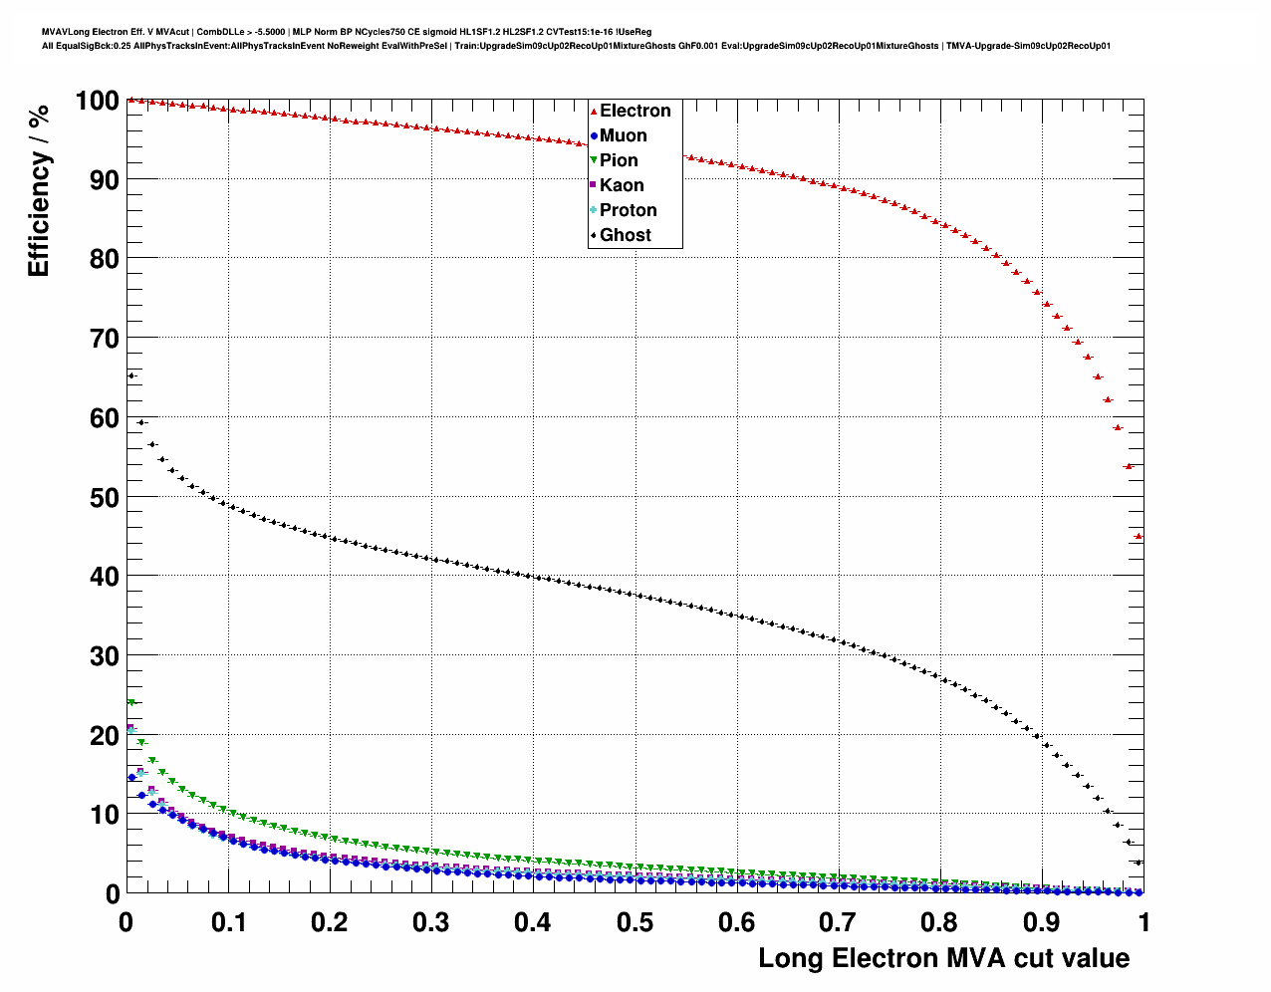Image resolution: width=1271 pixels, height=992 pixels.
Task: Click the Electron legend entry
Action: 634,111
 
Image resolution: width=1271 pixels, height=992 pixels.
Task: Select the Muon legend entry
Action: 623,135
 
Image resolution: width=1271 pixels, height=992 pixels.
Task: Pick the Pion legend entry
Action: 618,160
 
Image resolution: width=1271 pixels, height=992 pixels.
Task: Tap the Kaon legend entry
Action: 621,185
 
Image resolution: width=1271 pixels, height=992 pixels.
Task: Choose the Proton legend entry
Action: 628,210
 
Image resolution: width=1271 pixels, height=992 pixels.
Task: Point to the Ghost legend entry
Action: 625,235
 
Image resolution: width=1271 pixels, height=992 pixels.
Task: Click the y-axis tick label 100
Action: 97,101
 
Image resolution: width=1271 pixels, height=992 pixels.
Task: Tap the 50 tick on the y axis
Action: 105,498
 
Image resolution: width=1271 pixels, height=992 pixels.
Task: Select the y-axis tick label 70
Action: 105,339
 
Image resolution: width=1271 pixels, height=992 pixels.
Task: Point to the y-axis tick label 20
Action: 105,736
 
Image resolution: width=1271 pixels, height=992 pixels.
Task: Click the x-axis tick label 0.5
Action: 635,922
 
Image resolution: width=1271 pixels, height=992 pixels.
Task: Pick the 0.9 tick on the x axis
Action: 1042,922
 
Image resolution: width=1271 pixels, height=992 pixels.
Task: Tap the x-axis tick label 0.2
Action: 330,922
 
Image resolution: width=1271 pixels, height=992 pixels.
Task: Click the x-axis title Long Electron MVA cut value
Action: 943,958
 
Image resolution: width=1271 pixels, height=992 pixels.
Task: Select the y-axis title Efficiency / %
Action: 39,190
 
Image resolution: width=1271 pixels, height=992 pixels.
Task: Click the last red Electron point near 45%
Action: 1139,536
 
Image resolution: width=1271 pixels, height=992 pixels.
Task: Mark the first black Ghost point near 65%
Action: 131,375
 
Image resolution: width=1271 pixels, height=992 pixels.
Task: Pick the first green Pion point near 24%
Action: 130,703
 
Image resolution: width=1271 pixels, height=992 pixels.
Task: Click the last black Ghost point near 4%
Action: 1139,863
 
